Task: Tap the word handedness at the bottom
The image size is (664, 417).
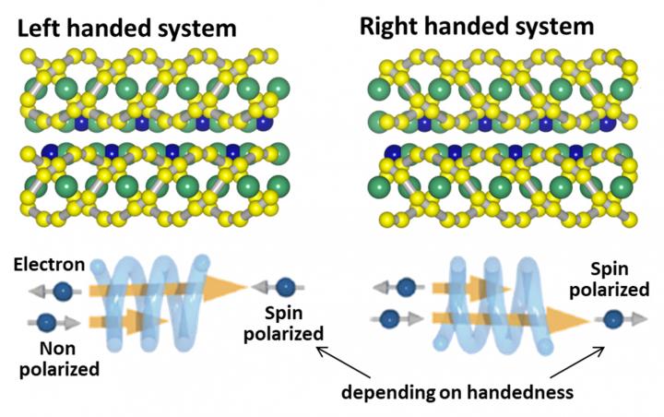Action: coord(523,392)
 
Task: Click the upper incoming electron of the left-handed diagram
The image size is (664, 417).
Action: coord(62,292)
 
